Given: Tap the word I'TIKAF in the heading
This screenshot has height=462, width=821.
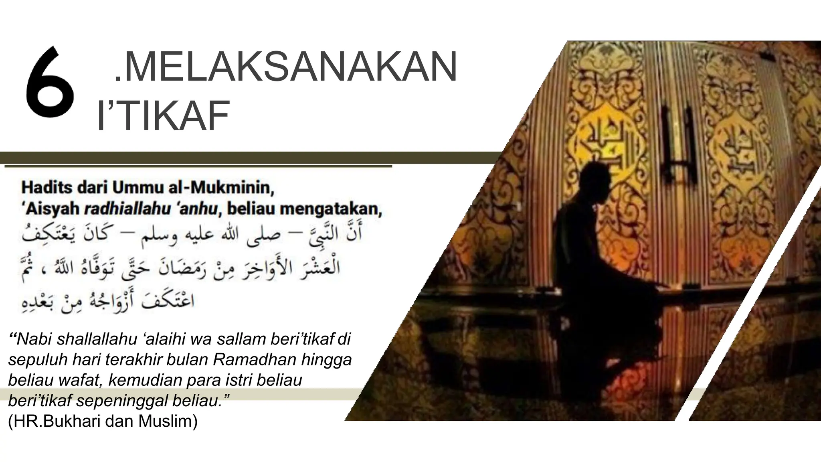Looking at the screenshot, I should (164, 116).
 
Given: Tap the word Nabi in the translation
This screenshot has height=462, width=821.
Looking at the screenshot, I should (35, 339).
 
